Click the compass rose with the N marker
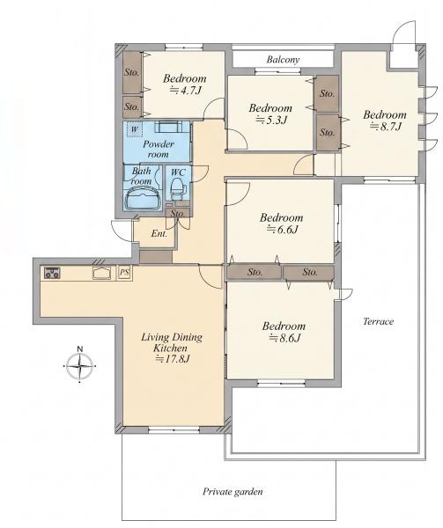pos(79,365)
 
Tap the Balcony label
pos(283,60)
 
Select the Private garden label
pos(233,492)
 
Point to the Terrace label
pos(378,321)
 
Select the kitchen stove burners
pos(52,273)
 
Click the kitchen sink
pos(102,273)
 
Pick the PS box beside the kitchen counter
pos(124,273)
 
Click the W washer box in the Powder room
pos(135,129)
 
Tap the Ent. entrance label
pos(159,233)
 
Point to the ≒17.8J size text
pos(172,359)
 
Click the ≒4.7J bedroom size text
pos(186,91)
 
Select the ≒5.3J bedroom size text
pos(271,120)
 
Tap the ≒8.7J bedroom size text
pos(386,127)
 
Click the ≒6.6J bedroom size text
pos(283,230)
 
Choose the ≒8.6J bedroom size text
pos(284,338)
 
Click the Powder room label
pos(159,149)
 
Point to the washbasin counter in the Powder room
pos(167,127)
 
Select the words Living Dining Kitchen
pos(172,342)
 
